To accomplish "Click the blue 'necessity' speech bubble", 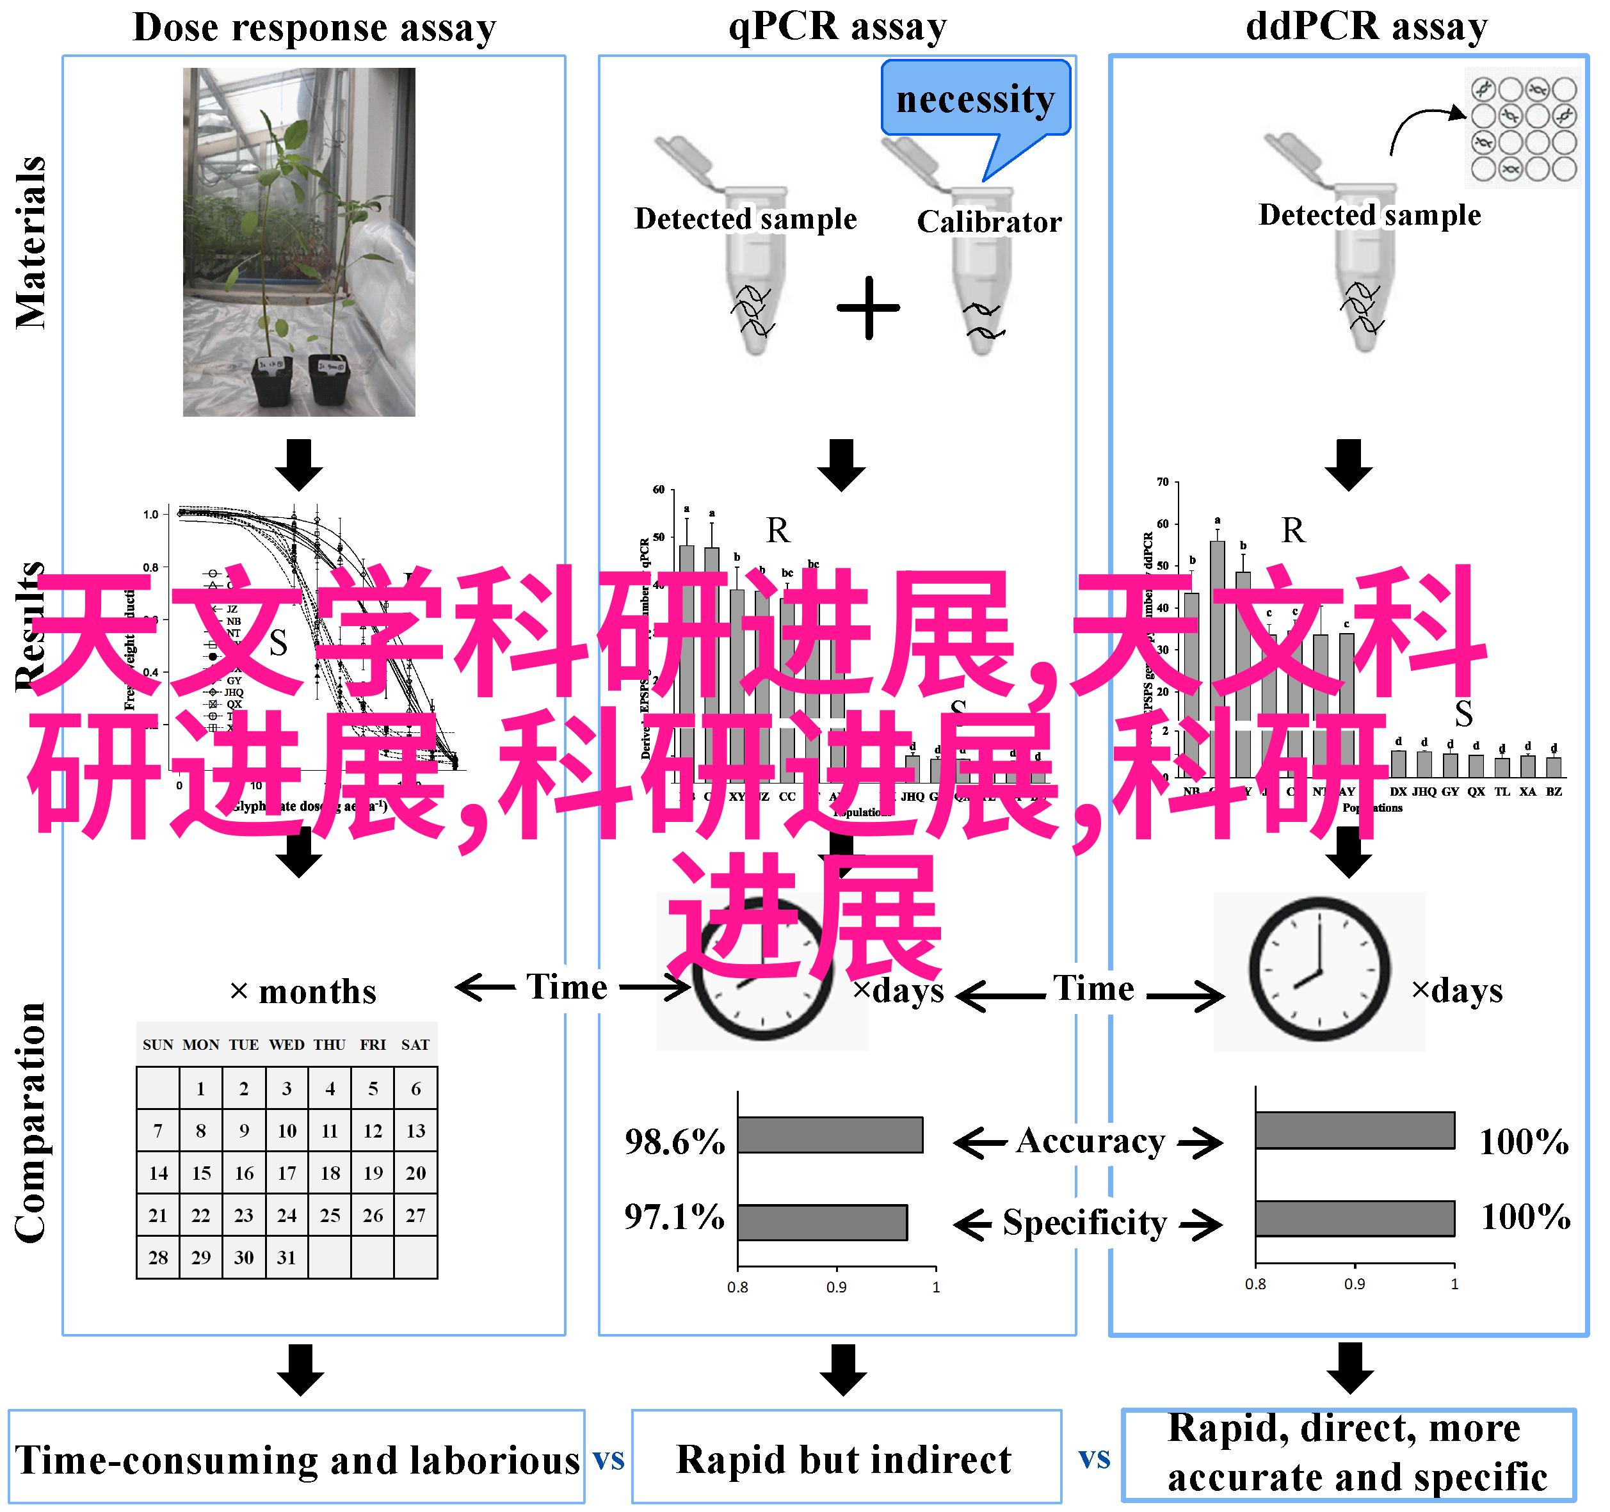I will coord(975,99).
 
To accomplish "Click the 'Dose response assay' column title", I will coord(314,28).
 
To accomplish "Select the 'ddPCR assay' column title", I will coord(1366,27).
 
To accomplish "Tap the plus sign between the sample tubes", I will coord(868,308).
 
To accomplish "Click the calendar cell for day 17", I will coord(287,1173).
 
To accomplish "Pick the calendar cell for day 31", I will coord(287,1257).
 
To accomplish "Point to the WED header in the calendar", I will coord(287,1045).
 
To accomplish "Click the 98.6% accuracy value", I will coord(675,1142).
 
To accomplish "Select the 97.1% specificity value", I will coord(674,1217).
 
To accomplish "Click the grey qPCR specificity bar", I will coord(822,1222).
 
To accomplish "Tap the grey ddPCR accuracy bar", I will coord(1355,1130).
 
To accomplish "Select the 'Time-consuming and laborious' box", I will coord(296,1460).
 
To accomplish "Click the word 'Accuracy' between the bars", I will coord(1090,1141).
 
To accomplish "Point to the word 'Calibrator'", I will coord(989,222).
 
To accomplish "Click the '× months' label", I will coord(303,992).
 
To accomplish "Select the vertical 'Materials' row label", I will coord(31,243).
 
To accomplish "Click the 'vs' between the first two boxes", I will coord(608,1460).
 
